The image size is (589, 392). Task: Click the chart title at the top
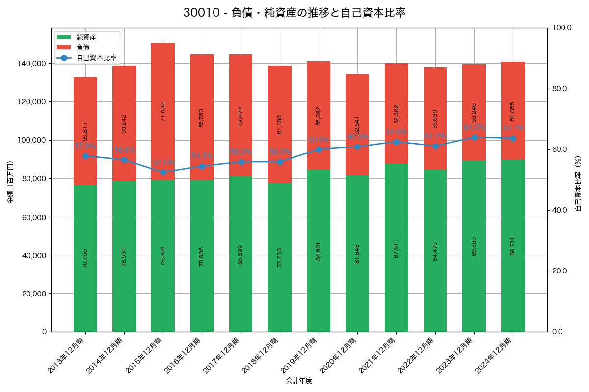point(294,13)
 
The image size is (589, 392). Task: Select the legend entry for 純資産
point(86,37)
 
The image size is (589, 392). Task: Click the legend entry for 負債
point(83,48)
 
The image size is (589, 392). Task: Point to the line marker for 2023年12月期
point(474,138)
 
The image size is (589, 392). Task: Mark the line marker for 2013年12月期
point(85,156)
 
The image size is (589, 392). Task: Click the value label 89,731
point(513,245)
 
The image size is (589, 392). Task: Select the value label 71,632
point(163,111)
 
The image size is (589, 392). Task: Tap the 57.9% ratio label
point(85,146)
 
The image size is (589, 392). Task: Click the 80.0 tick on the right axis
point(559,89)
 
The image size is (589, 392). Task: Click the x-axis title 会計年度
point(299,380)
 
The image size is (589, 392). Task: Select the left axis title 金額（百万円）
point(10,182)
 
